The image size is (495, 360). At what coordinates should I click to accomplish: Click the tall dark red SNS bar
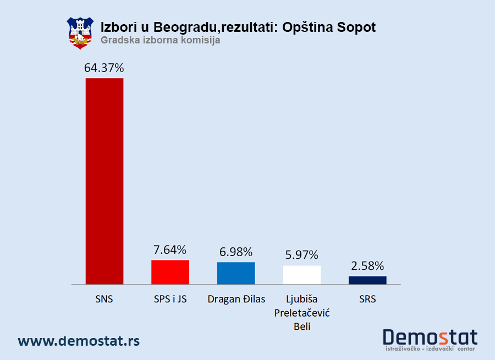point(104,181)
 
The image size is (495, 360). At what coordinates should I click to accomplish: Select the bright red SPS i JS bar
point(170,272)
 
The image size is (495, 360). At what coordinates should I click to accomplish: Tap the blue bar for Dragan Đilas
point(236,273)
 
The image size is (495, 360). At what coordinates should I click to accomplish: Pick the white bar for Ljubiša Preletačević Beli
point(301,275)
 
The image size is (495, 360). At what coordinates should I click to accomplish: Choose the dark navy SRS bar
point(367,280)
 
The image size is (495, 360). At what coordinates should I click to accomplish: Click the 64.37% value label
point(104,68)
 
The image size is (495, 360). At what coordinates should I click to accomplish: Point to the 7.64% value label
point(170,250)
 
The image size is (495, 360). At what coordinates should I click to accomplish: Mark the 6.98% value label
point(236,252)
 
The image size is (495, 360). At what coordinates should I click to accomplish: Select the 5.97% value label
point(301,255)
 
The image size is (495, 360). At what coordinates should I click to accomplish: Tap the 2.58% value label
point(367,266)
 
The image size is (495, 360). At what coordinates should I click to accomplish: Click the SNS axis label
point(104,300)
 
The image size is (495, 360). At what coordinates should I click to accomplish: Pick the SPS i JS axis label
point(170,300)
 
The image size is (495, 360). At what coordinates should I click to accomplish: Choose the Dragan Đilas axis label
point(236,300)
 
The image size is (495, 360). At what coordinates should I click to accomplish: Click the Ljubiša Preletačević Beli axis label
point(301,313)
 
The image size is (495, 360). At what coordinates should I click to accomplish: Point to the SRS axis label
point(367,300)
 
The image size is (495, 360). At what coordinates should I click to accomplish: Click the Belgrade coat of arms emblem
point(80,32)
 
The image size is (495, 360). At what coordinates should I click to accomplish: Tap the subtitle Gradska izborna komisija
point(160,40)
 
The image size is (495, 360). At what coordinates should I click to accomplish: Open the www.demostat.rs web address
point(79,341)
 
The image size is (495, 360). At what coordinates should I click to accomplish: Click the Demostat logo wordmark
point(430,337)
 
